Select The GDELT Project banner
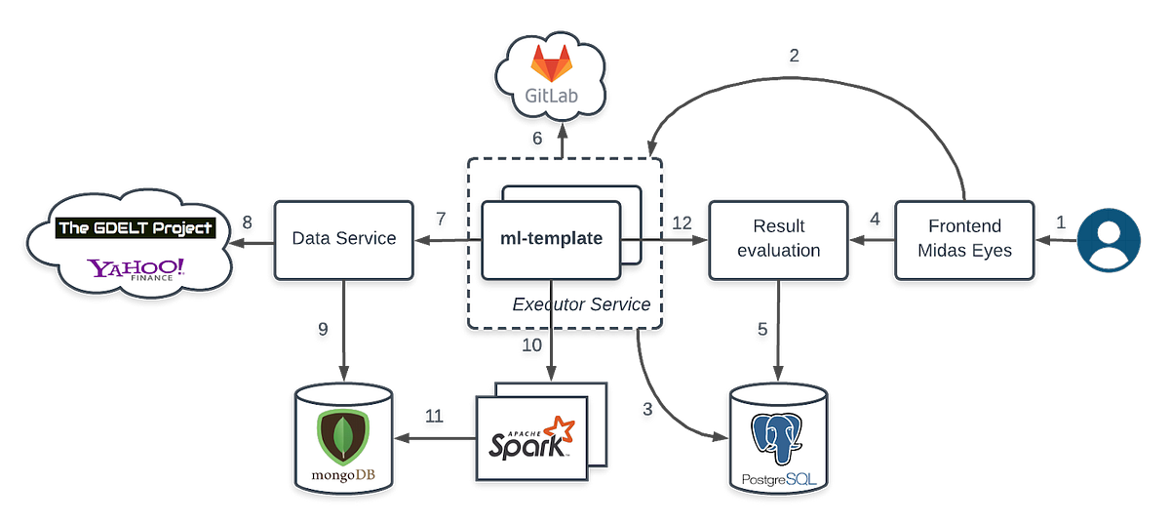point(136,228)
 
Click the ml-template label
point(551,238)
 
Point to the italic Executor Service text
point(581,304)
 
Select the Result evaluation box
point(778,238)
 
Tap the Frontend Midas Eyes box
point(964,238)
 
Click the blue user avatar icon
point(1108,238)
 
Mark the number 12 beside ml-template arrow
point(681,222)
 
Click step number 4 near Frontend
point(874,220)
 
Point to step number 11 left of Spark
point(435,416)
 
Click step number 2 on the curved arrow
point(794,56)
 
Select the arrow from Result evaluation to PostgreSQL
point(778,332)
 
